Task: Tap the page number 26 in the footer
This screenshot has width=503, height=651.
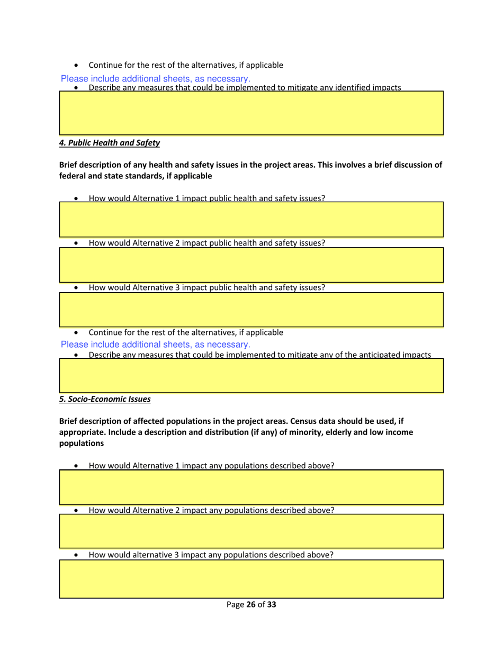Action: (x=251, y=604)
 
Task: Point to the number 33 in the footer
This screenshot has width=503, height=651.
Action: (x=271, y=604)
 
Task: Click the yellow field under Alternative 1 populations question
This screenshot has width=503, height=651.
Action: (x=251, y=487)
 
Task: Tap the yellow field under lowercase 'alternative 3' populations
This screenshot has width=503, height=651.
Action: (x=251, y=579)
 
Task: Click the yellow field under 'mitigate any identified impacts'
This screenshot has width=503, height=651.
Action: (x=251, y=113)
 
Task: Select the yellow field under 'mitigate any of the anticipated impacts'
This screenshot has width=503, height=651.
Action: (x=251, y=375)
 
